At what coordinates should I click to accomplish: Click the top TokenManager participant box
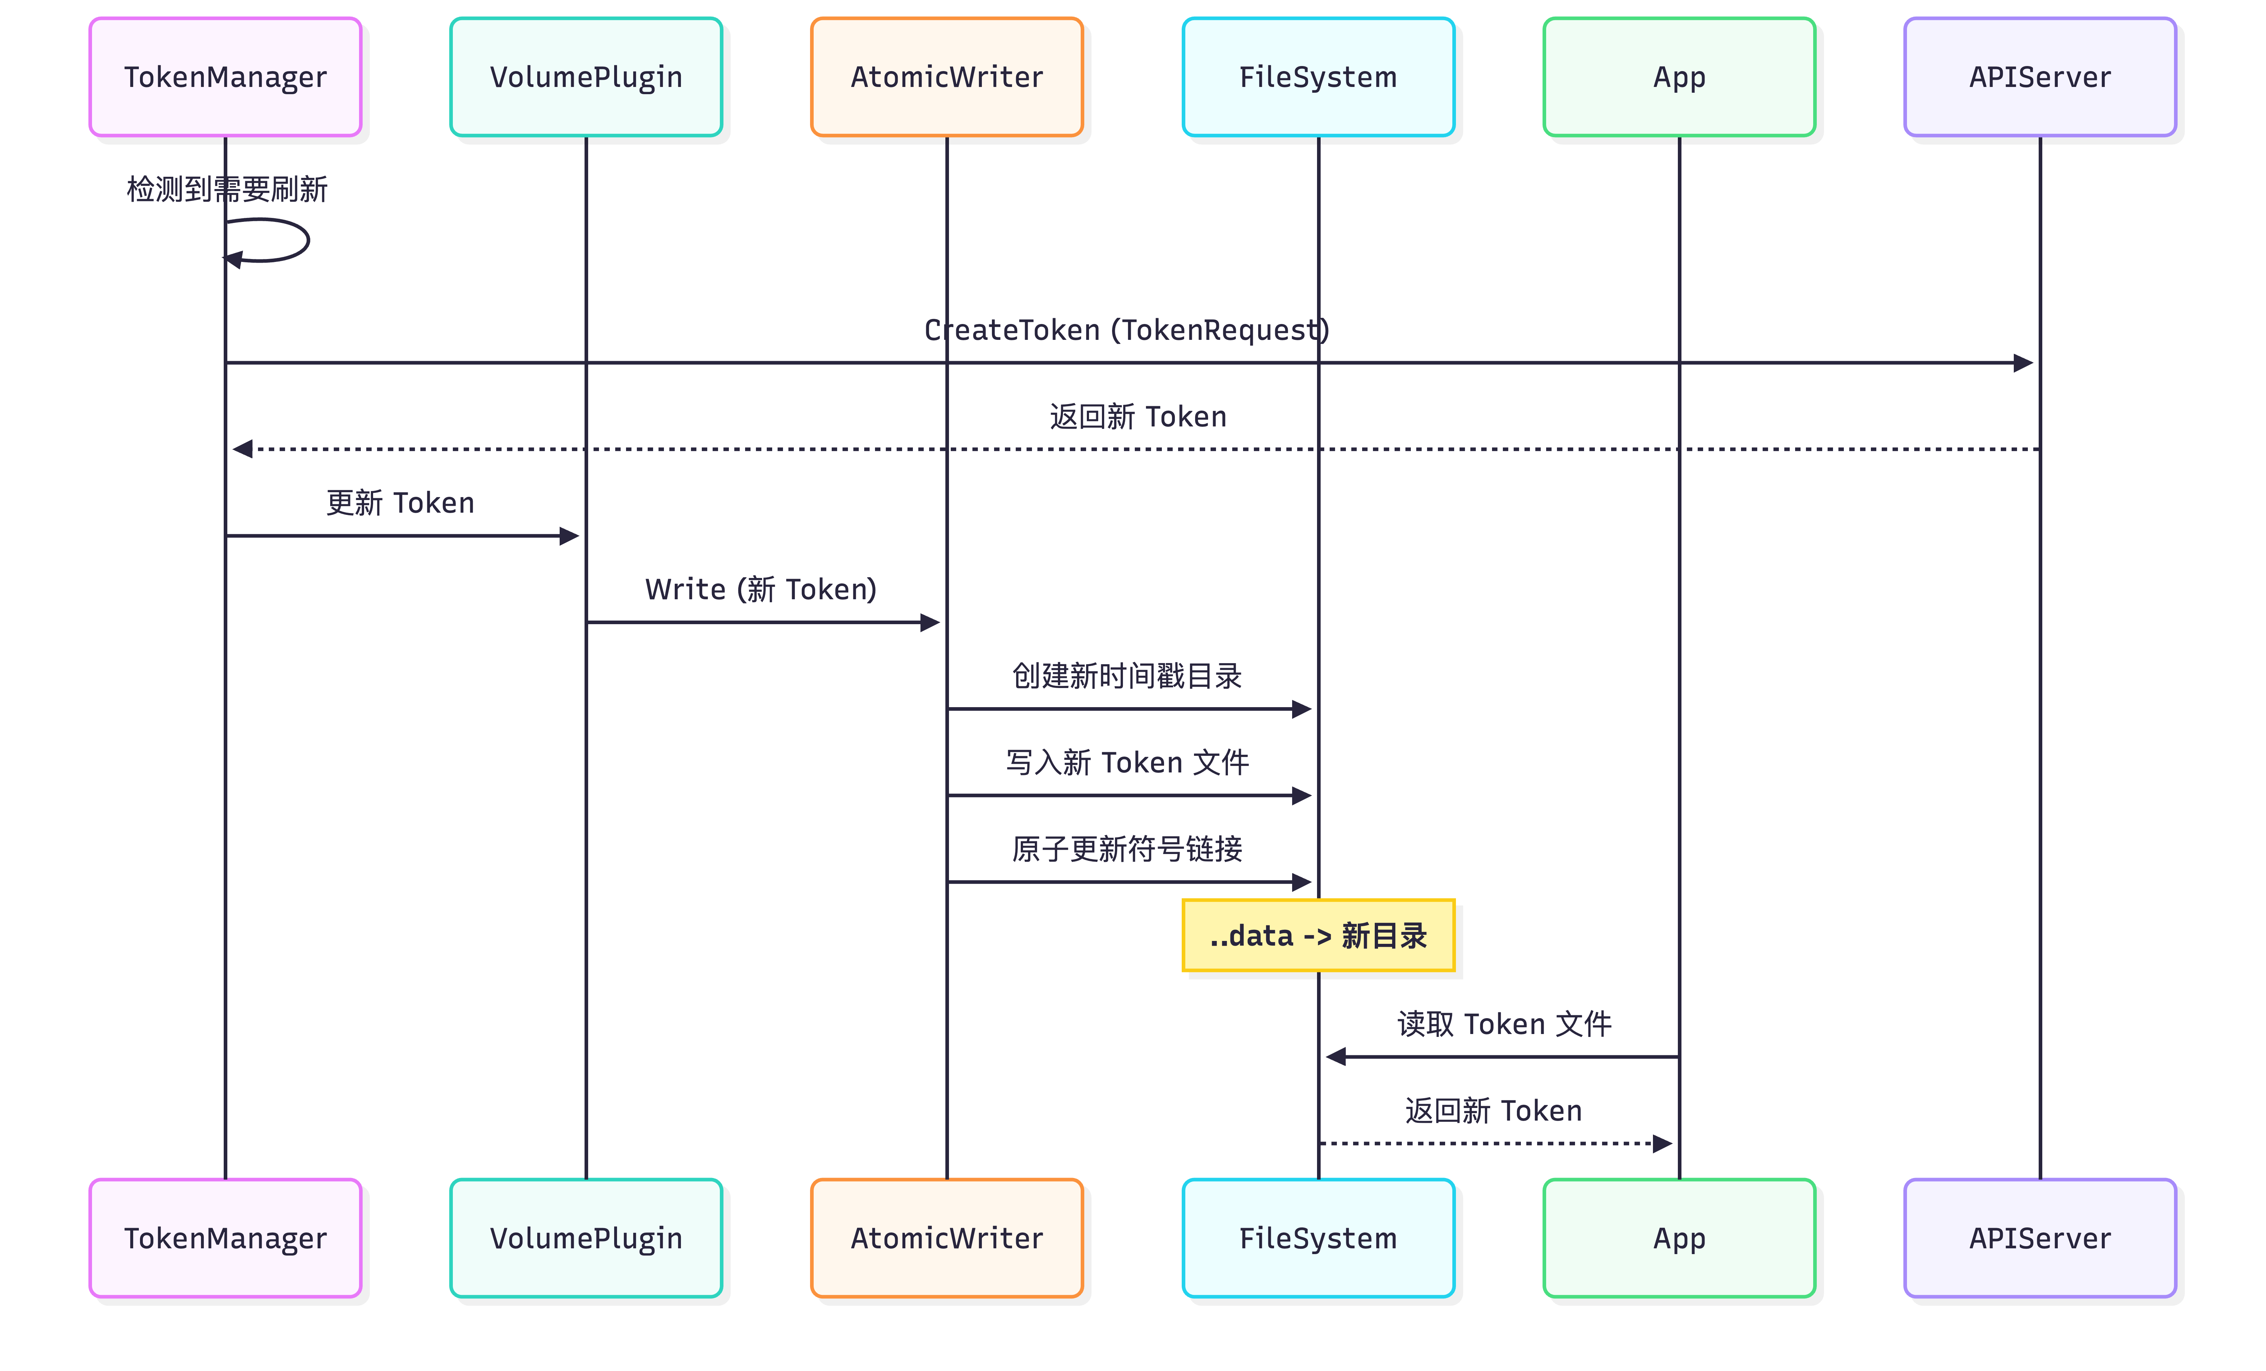(x=225, y=77)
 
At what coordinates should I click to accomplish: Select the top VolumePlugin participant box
(x=586, y=77)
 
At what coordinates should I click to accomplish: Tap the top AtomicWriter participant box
(x=946, y=77)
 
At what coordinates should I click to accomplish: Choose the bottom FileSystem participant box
(x=1318, y=1238)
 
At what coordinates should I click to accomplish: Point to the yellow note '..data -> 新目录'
(x=1318, y=935)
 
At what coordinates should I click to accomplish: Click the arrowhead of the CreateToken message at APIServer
(x=2023, y=363)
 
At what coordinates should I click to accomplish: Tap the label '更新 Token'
(x=400, y=503)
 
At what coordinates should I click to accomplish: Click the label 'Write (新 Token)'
(x=761, y=590)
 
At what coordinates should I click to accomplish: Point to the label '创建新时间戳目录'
(x=1127, y=676)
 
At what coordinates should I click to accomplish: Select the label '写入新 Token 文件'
(x=1127, y=762)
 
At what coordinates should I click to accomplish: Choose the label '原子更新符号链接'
(x=1127, y=849)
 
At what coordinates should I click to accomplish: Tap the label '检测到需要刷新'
(x=226, y=189)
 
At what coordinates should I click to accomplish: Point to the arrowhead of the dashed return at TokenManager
(x=243, y=450)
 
